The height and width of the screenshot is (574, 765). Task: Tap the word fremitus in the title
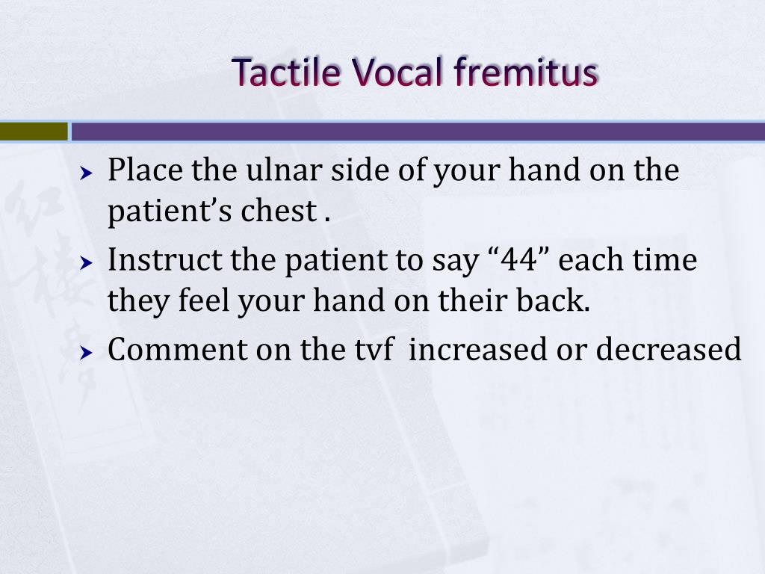(526, 72)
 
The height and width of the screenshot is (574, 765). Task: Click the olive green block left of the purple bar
(33, 132)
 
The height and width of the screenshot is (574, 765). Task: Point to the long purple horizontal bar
(418, 132)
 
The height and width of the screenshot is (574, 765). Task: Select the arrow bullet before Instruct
(87, 263)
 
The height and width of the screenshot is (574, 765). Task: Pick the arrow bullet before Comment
(87, 352)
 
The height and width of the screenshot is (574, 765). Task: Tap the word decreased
(668, 350)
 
